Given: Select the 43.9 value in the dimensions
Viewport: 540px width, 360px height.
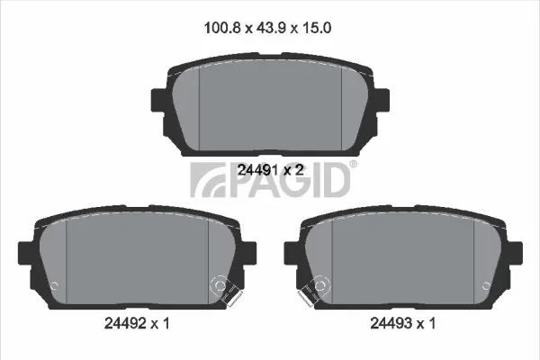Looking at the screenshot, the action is tap(271, 28).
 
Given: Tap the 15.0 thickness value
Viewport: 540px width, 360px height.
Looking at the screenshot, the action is tap(317, 28).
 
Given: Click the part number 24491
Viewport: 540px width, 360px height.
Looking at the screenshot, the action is tap(257, 170).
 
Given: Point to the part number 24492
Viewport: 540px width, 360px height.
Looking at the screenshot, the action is tap(125, 323).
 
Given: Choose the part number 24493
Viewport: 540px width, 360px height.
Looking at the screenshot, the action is tap(391, 323).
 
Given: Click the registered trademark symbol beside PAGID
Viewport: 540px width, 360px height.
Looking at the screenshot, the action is tap(354, 165).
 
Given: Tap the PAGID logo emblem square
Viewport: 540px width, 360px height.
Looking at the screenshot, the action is tap(208, 180).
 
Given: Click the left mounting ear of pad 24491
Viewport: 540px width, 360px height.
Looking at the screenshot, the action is tap(158, 100).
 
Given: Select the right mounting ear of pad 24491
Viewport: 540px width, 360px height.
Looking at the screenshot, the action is tap(382, 100).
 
